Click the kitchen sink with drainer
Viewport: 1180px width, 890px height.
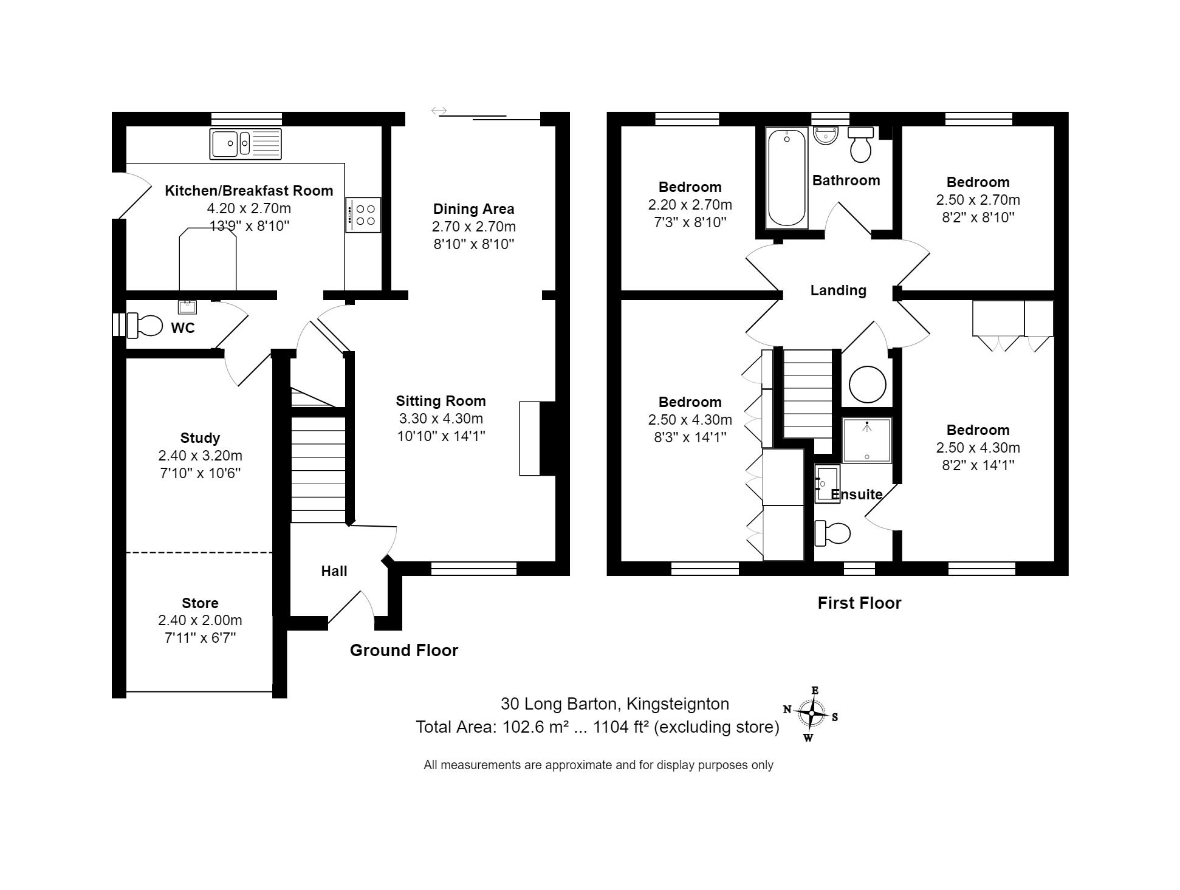(245, 144)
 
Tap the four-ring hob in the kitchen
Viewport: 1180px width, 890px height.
(363, 214)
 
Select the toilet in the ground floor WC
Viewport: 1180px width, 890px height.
(145, 325)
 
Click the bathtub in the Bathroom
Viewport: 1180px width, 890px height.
(786, 177)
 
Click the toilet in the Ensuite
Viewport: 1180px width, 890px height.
(833, 533)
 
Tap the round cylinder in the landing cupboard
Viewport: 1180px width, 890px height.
(867, 384)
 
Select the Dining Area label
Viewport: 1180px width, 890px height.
(473, 209)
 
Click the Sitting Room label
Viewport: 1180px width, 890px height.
(441, 401)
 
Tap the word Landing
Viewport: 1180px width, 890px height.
(838, 290)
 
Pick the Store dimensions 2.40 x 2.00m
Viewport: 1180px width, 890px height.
(200, 620)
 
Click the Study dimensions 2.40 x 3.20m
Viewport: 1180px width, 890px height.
(200, 456)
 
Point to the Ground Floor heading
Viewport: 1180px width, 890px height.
(403, 650)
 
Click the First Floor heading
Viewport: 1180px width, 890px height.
(859, 603)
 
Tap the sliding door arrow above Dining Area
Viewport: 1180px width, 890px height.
(439, 111)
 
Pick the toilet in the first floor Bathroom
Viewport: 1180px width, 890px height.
(860, 145)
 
